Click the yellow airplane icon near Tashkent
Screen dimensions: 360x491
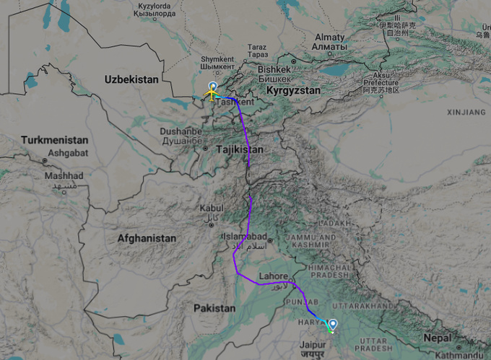click(x=212, y=93)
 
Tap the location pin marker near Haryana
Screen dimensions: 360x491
click(x=333, y=324)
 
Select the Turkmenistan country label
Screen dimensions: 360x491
click(x=55, y=140)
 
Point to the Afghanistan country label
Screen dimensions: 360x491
click(x=147, y=237)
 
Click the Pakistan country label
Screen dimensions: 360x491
click(x=214, y=307)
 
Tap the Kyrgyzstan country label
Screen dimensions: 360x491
click(x=292, y=91)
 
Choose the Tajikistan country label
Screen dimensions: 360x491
click(x=239, y=149)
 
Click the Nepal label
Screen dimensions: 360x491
click(x=438, y=338)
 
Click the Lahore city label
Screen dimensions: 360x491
click(x=274, y=275)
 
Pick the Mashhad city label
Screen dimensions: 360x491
click(x=64, y=175)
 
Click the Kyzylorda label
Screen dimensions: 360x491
click(x=160, y=6)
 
